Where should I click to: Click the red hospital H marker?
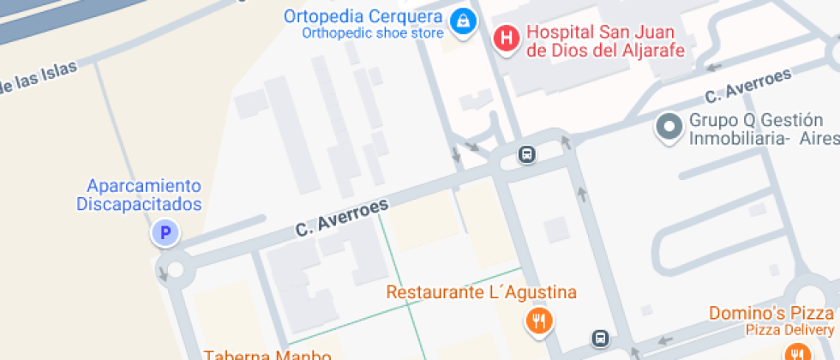click(507, 39)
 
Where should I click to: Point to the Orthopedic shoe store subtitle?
click(372, 33)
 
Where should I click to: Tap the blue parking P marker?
click(165, 231)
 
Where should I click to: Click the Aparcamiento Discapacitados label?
click(140, 195)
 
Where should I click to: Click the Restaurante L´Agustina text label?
click(481, 292)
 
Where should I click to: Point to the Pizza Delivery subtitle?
click(789, 330)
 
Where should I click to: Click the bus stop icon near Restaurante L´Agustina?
click(602, 338)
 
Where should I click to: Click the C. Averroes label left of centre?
click(342, 218)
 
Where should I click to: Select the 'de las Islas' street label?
click(39, 78)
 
